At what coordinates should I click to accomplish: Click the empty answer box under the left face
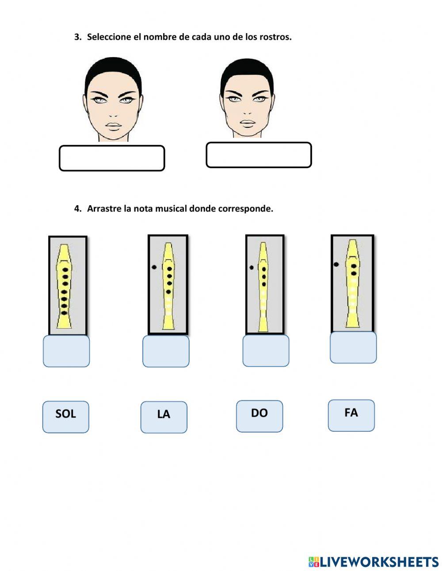(x=112, y=158)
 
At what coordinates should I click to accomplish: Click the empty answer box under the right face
(x=259, y=155)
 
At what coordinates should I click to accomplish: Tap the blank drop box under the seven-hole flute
(x=66, y=351)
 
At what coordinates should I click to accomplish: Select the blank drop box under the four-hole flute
(x=166, y=351)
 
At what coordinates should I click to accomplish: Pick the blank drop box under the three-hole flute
(x=266, y=351)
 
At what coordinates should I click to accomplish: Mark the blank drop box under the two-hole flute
(x=353, y=347)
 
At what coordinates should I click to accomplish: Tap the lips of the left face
(x=114, y=125)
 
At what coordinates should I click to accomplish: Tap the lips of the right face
(x=248, y=123)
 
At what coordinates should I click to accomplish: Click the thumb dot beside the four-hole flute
(x=154, y=267)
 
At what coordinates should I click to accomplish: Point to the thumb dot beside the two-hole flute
(x=336, y=264)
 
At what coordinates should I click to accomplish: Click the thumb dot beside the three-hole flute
(x=251, y=268)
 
